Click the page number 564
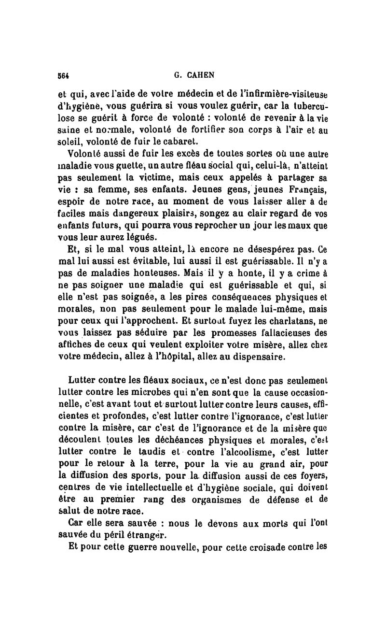coord(65,75)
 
